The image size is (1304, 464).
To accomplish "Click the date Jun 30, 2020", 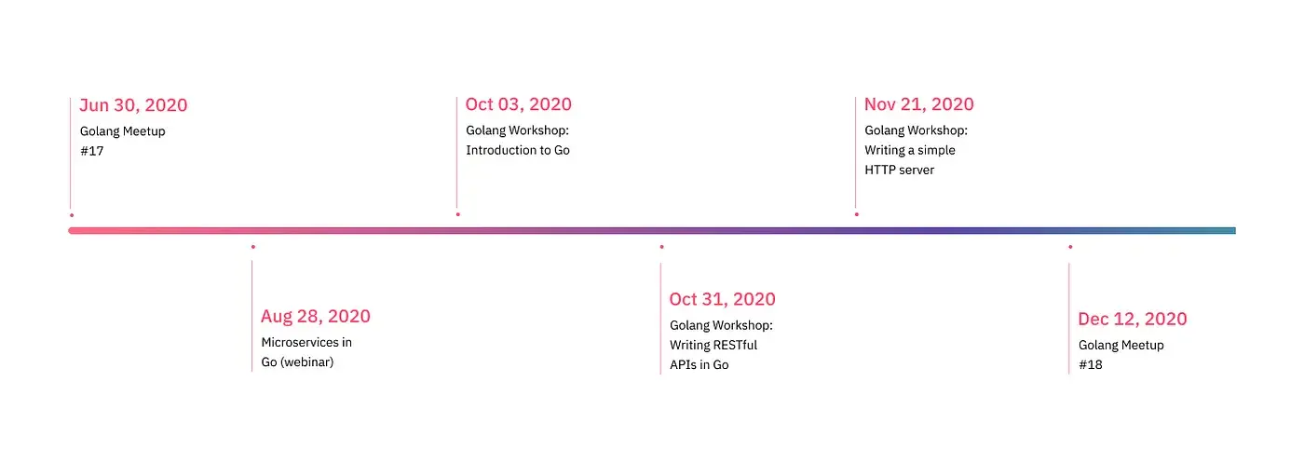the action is (x=133, y=105).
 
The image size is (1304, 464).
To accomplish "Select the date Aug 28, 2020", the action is (x=316, y=316).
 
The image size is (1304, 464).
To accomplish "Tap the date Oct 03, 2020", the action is (x=518, y=104).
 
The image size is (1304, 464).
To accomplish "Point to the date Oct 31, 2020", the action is (x=723, y=299).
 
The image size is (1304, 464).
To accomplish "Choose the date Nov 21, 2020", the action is (x=918, y=104).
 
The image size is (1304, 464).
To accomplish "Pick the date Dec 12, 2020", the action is (x=1133, y=319).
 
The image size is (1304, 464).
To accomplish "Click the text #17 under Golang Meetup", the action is (x=92, y=151).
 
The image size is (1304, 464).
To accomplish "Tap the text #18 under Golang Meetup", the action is (x=1091, y=364).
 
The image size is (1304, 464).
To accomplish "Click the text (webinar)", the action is (x=306, y=362).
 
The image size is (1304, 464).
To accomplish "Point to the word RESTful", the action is (x=732, y=346).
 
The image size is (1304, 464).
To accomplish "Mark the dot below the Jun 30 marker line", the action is (x=72, y=215).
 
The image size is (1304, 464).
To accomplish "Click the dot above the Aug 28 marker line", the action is (x=253, y=247).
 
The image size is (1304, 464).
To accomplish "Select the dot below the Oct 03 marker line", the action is (x=458, y=214).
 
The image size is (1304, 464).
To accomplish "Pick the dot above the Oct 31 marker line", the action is (x=662, y=247).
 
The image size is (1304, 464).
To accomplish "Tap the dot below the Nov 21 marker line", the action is (x=857, y=214).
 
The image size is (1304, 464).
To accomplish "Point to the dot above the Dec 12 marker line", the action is (x=1070, y=247).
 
